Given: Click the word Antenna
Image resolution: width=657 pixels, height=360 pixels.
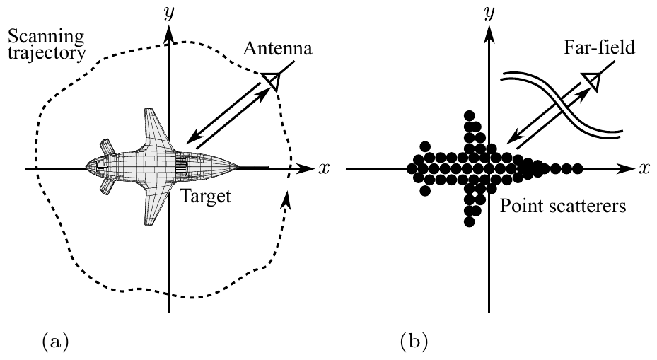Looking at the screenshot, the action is (x=277, y=49).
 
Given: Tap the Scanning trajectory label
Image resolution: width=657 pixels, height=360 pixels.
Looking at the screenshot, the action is (x=47, y=45).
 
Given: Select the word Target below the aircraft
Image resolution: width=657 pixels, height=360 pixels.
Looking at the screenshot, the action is (x=205, y=196).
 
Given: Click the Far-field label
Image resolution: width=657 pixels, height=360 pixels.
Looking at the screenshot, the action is (x=599, y=47).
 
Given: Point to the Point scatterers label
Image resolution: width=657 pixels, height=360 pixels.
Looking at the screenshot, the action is (x=563, y=207).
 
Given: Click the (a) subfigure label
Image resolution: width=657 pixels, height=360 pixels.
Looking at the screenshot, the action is (x=55, y=342).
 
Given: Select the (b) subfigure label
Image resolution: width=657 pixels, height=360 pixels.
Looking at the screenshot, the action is (x=414, y=342).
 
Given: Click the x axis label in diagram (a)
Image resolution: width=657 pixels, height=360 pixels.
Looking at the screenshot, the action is (x=324, y=168).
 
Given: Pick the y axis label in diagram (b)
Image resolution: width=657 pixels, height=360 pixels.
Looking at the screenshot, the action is (x=488, y=14).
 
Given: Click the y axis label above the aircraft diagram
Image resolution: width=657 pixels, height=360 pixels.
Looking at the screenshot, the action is (x=169, y=14).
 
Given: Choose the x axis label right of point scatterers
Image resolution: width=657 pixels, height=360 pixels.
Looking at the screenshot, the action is (x=644, y=168).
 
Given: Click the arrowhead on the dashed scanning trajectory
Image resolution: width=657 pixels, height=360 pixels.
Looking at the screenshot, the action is (x=286, y=199).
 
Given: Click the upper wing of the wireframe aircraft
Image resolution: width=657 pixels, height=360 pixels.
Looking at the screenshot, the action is (x=156, y=129).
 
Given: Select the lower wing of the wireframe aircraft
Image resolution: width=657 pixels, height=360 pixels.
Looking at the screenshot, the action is (x=157, y=205).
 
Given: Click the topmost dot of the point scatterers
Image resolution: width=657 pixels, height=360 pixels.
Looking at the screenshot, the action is (x=470, y=116).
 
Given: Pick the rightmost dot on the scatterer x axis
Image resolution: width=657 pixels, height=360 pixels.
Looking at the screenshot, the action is (x=577, y=169).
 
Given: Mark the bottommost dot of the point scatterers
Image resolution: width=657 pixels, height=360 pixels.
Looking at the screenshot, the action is (x=470, y=221).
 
